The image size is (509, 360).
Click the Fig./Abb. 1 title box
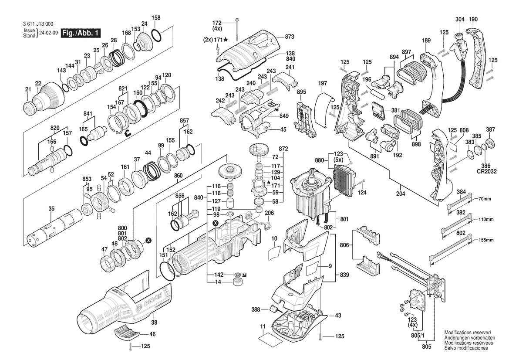[81, 33]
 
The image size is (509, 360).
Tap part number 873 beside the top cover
[289, 37]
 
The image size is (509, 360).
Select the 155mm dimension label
[486, 240]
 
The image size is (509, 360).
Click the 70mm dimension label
[485, 199]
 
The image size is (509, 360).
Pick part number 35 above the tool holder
[51, 209]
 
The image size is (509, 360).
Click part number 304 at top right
[460, 20]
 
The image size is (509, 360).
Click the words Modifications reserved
[467, 332]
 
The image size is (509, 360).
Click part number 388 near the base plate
[256, 309]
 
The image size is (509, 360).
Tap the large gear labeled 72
[258, 152]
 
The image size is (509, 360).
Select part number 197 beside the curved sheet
[323, 83]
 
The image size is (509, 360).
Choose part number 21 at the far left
[28, 90]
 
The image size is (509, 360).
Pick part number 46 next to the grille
[152, 334]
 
